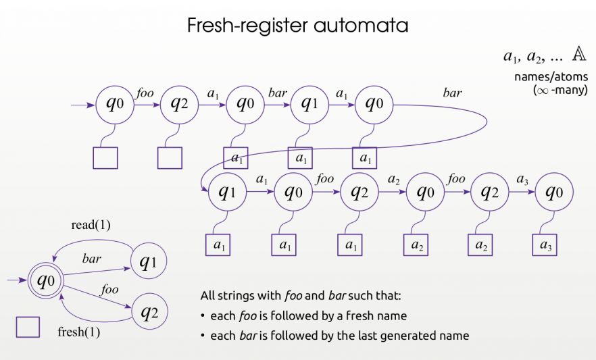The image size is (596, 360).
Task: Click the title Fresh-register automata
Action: pos(297,26)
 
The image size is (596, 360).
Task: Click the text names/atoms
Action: pos(551,77)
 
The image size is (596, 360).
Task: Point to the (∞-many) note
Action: pos(560,88)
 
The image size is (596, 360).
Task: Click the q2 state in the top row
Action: pos(179,105)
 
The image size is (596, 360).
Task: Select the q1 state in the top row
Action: pos(309,105)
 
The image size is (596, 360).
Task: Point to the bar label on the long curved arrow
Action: pos(451,93)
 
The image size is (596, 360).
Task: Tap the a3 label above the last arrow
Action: pos(522,180)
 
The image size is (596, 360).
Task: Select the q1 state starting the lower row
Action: pos(228,192)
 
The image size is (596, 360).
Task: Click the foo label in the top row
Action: pos(145,93)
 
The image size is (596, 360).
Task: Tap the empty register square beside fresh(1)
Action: pos(28,327)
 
